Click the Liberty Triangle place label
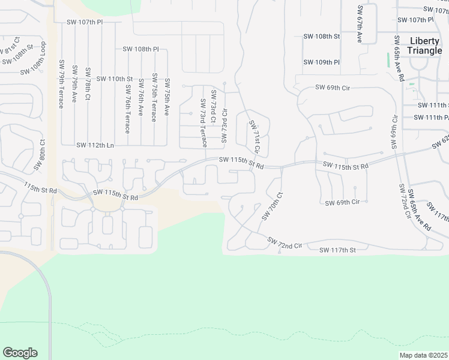pyautogui.click(x=424, y=46)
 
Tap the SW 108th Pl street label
pyautogui.click(x=140, y=49)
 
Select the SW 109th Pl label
pyautogui.click(x=321, y=62)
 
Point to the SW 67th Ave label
pyautogui.click(x=360, y=24)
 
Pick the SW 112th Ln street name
pyautogui.click(x=95, y=145)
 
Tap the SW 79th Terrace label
pyautogui.click(x=62, y=83)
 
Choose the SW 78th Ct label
pyautogui.click(x=88, y=83)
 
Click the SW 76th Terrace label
pyautogui.click(x=128, y=109)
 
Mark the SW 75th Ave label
pyautogui.click(x=167, y=97)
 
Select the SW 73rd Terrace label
pyautogui.click(x=203, y=123)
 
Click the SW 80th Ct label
pyautogui.click(x=43, y=152)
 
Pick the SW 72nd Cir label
pyautogui.click(x=285, y=245)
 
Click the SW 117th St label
pyautogui.click(x=337, y=250)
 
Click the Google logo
pyautogui.click(x=20, y=353)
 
